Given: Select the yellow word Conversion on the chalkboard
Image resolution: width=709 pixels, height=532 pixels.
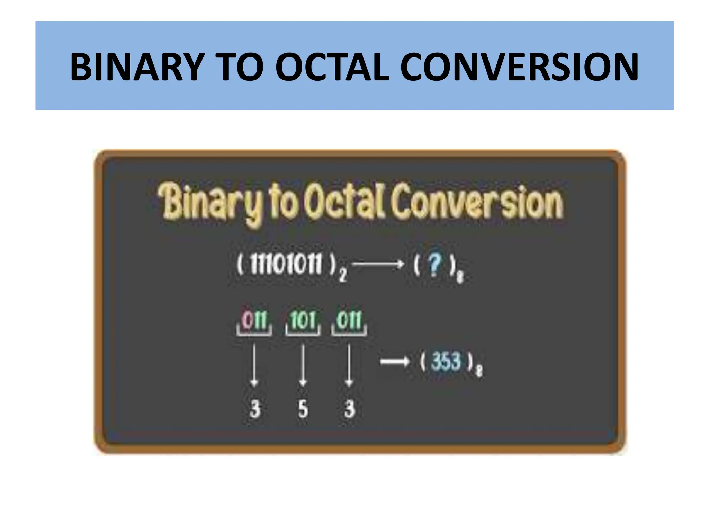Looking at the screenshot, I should tap(476, 203).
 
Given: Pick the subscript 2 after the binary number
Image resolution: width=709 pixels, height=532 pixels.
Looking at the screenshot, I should tap(342, 276).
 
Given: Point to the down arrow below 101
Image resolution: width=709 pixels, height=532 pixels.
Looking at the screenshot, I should tap(303, 365).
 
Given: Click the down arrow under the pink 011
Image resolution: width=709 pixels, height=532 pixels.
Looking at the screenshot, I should tap(254, 365).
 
